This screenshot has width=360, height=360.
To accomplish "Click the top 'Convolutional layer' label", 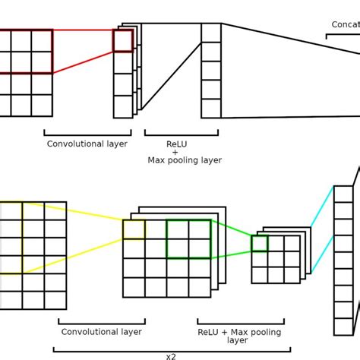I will point(87,144).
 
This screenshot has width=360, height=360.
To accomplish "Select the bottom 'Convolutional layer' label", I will point(101,332).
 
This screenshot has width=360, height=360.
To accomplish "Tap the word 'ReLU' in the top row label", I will point(176,144).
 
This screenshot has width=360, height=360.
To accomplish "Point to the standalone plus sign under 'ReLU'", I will point(175,152).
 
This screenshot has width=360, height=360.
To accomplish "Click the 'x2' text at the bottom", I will point(171,355).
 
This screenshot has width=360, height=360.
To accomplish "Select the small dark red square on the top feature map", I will point(122,41).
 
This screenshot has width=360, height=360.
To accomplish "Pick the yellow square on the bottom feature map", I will point(134,229).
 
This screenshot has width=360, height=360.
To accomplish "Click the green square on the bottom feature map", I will point(188,239).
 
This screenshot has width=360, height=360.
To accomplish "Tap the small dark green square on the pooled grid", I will point(260,244).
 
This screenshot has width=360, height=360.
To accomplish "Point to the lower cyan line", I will point(323,254).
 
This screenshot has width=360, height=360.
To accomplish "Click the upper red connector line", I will point(83,30).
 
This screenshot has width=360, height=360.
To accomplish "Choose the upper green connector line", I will point(231,228).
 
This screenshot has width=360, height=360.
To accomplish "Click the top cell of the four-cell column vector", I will point(211,33).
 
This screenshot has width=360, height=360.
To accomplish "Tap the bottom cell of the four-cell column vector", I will point(211,109).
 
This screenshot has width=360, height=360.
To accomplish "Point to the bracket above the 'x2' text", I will point(171,349).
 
